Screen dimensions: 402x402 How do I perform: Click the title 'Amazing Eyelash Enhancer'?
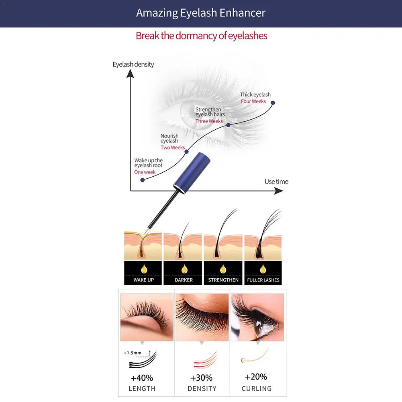pos(201,13)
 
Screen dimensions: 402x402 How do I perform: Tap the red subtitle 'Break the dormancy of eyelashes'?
pos(202,36)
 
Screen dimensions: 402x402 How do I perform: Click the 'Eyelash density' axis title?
pos(133,64)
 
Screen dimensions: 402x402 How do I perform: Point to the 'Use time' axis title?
pos(276,182)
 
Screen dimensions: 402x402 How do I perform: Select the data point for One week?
pos(143,180)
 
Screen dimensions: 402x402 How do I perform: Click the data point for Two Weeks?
pos(187,152)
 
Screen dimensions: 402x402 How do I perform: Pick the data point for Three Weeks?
pos(228,125)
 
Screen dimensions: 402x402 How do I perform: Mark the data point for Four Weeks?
pos(273,103)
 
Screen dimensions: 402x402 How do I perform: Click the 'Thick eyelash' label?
pos(255,95)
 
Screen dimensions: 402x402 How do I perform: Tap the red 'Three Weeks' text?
pos(209,121)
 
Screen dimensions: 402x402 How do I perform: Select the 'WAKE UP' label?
pos(144,280)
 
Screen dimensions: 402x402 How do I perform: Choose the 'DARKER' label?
pos(184,280)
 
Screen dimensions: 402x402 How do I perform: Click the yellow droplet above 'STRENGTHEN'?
pos(223,269)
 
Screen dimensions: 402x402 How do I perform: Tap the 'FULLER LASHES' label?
pos(263,280)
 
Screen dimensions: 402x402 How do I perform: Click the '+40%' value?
pos(142,378)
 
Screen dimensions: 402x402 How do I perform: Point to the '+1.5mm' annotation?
pos(133,353)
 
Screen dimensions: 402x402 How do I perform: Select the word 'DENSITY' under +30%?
pos(202,389)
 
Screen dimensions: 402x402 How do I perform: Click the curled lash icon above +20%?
pos(255,356)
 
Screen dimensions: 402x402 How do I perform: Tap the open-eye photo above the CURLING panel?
pos(257,317)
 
